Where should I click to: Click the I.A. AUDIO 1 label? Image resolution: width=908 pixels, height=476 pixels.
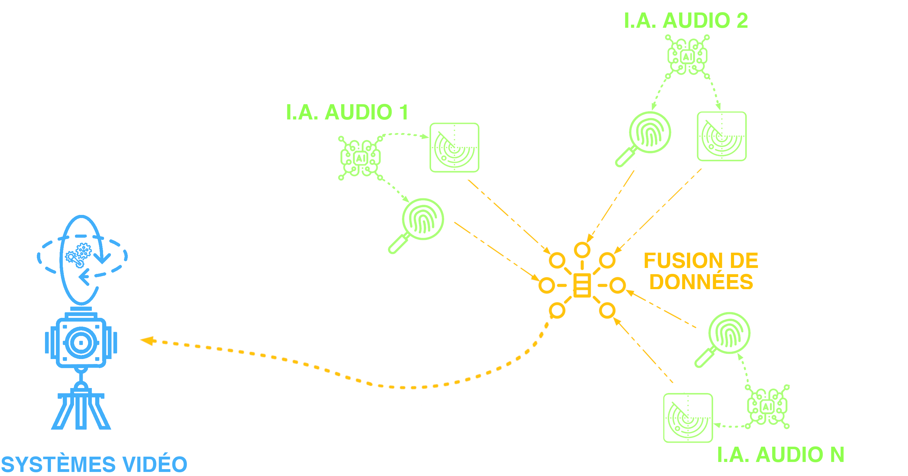(347, 112)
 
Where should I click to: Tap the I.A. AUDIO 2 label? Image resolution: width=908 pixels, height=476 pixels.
(686, 20)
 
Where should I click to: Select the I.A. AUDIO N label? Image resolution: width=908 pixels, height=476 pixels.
(781, 454)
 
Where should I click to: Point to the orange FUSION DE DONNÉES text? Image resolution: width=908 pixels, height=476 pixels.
(701, 271)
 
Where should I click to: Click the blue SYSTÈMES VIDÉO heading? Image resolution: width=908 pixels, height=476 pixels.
(94, 464)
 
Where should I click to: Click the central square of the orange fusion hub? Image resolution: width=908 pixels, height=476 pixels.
(582, 285)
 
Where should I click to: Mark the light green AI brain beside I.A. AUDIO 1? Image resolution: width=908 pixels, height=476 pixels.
(360, 158)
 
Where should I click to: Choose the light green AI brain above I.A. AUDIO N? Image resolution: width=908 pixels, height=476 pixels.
(767, 407)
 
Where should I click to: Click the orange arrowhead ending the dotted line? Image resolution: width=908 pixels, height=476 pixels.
(147, 340)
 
